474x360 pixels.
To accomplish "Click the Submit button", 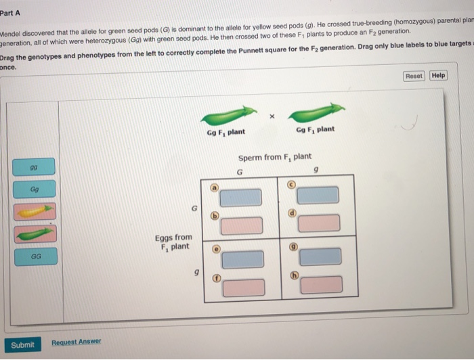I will click(22, 344).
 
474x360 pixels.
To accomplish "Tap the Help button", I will click(438, 75).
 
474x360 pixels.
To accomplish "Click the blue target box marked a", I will click(240, 197).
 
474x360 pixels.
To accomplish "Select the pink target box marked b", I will click(242, 225).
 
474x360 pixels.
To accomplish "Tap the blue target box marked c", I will click(318, 195).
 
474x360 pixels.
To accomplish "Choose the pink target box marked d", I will click(320, 223).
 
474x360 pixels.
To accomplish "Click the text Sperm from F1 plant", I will click(274, 157).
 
